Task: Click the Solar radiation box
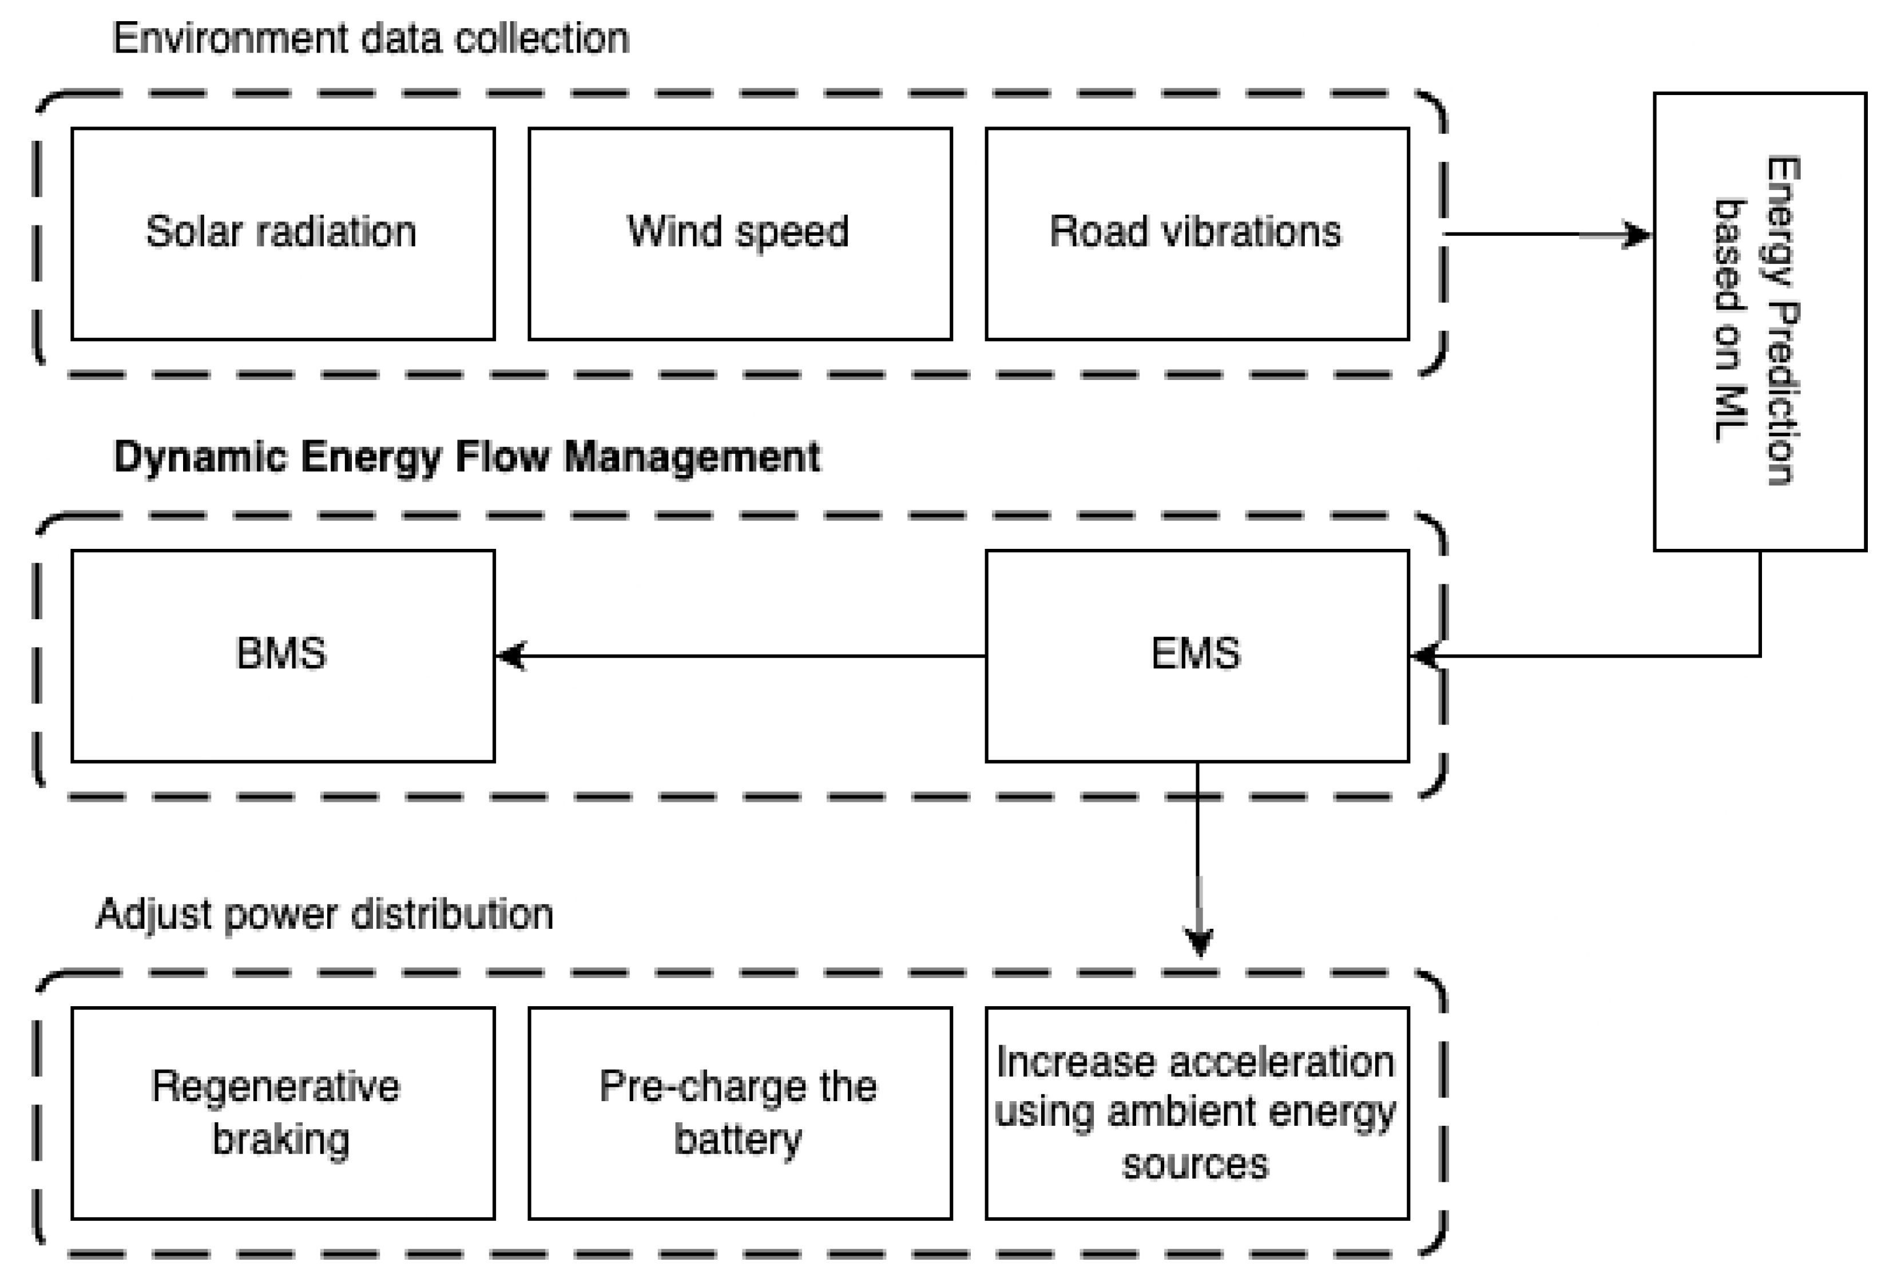click(283, 234)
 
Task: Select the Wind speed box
click(740, 234)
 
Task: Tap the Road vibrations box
click(1196, 234)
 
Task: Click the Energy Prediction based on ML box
click(1759, 322)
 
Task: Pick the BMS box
click(283, 655)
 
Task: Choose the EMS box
click(1196, 655)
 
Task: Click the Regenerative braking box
click(283, 1113)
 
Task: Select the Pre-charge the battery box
click(740, 1113)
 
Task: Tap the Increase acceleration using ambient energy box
click(1196, 1113)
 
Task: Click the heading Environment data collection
click(371, 39)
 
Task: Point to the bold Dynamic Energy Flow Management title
click(467, 456)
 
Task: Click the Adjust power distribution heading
click(324, 914)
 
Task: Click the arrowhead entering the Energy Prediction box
click(1636, 235)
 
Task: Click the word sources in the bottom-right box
click(1195, 1165)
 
